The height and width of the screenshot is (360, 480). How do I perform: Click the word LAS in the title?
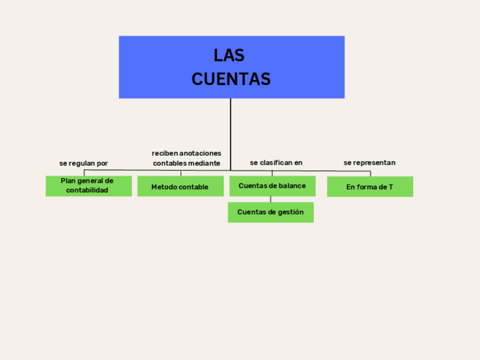tap(229, 55)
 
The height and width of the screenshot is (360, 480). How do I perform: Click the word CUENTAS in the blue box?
tap(231, 79)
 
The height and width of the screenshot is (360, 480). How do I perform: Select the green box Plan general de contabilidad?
tap(88, 186)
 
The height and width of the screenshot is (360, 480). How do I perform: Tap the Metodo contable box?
tap(180, 187)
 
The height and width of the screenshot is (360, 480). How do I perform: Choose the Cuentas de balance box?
tap(272, 186)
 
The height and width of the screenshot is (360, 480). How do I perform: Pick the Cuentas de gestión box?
tap(271, 212)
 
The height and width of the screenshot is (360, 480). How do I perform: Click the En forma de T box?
tap(370, 187)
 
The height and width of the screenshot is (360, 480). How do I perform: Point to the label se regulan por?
tap(84, 163)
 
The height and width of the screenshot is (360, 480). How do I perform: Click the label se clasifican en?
tap(276, 162)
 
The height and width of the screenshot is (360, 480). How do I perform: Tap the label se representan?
tap(369, 162)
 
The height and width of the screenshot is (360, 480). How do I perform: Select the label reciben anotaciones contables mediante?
tap(186, 158)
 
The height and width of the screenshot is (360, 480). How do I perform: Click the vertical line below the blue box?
tap(230, 134)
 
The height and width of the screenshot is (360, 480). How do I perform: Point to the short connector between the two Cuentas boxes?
tap(271, 199)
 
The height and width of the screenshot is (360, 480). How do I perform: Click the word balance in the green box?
tap(292, 186)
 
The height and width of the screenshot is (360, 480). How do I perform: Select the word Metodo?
tap(163, 187)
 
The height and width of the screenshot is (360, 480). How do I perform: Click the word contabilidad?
tap(87, 191)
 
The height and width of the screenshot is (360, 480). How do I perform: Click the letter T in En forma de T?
tap(391, 187)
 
